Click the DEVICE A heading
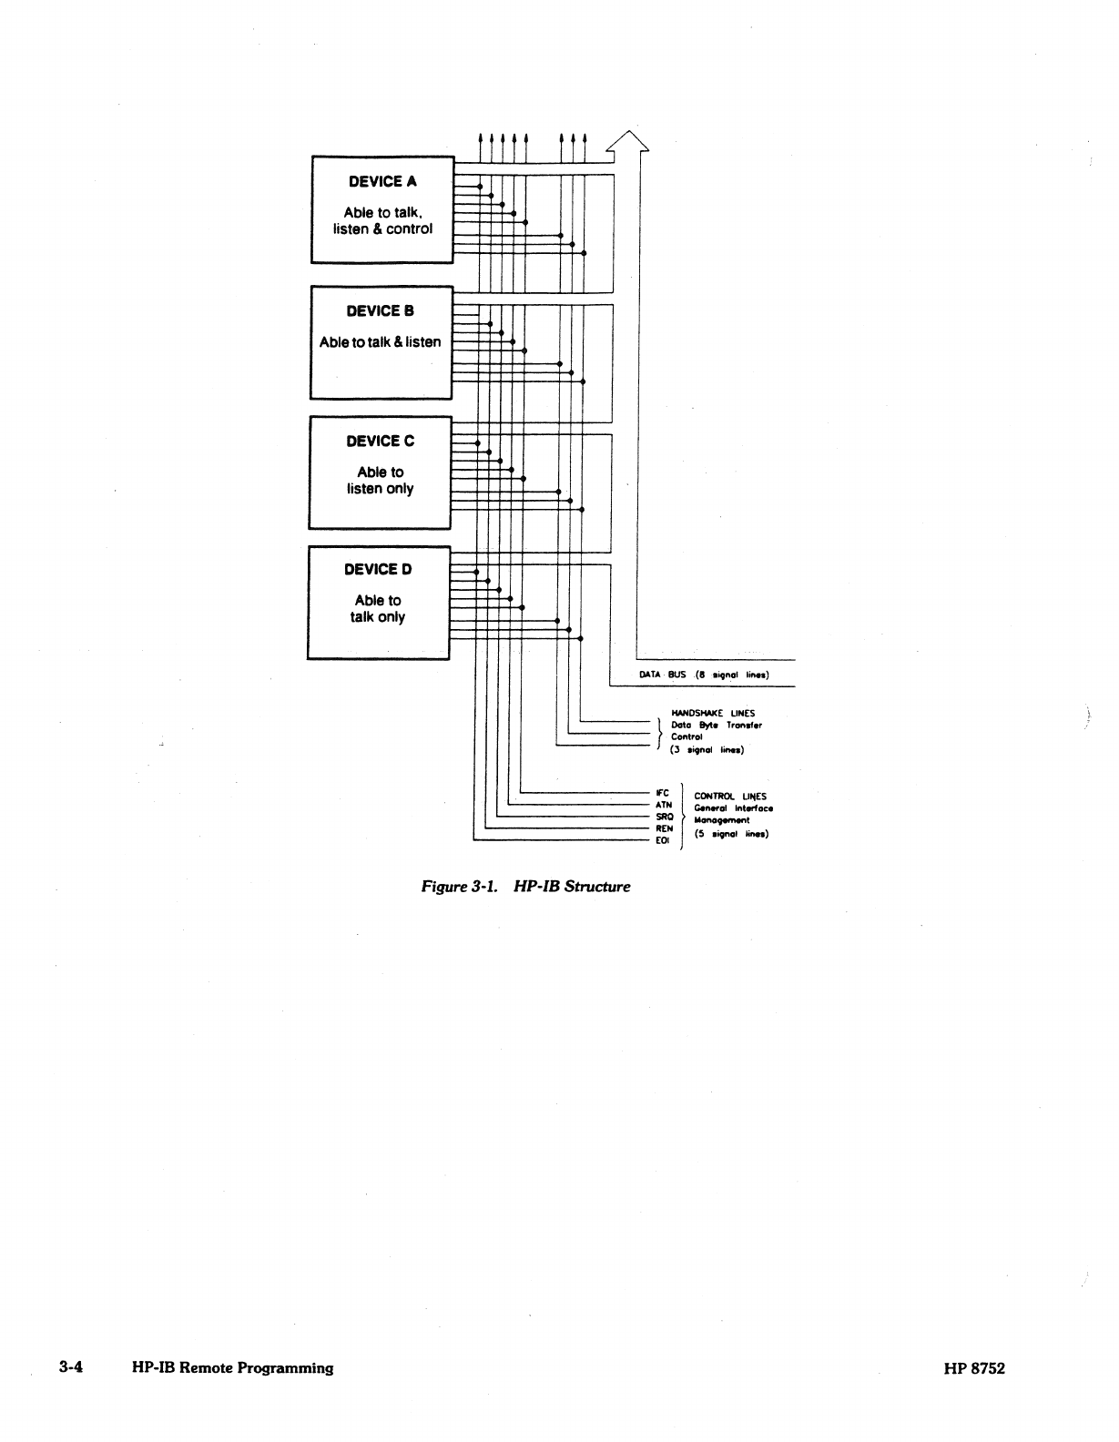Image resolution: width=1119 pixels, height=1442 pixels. tap(382, 182)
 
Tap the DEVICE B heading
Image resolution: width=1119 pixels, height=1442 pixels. tap(380, 311)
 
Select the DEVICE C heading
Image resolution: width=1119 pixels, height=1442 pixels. tap(380, 442)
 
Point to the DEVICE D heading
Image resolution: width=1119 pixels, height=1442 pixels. tap(378, 570)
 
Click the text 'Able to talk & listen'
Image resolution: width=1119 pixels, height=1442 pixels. tap(380, 342)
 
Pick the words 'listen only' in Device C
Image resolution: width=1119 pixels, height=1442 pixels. tap(380, 489)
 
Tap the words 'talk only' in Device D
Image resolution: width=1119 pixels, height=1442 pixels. tap(378, 617)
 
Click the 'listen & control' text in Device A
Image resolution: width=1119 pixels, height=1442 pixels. tap(382, 229)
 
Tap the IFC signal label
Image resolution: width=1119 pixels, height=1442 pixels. tap(662, 793)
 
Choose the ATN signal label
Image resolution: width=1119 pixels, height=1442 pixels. tap(663, 805)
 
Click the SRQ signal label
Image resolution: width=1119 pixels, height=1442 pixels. tap(664, 817)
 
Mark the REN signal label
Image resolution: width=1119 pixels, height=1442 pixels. tap(664, 828)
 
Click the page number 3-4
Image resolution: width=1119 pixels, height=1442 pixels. tap(71, 1367)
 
